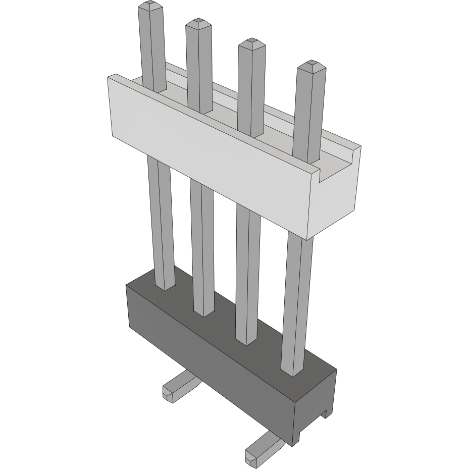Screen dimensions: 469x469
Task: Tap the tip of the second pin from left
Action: click(x=198, y=22)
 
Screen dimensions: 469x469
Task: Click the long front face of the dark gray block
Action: click(x=207, y=363)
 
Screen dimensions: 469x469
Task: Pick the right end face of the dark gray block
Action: click(x=316, y=404)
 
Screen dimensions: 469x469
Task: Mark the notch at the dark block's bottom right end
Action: click(x=326, y=413)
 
